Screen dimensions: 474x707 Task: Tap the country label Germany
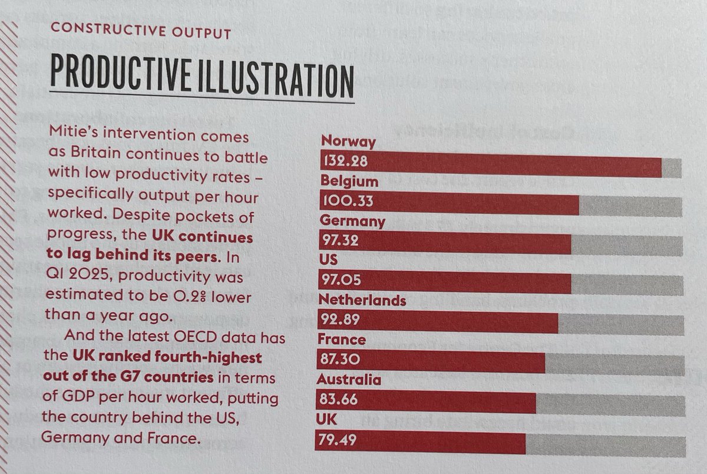tap(352, 221)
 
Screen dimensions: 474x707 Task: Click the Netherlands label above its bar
tap(362, 301)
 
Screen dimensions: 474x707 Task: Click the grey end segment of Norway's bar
tap(672, 169)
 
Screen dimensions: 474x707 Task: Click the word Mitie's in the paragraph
tap(70, 137)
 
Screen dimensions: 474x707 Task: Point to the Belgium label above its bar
tap(349, 181)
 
